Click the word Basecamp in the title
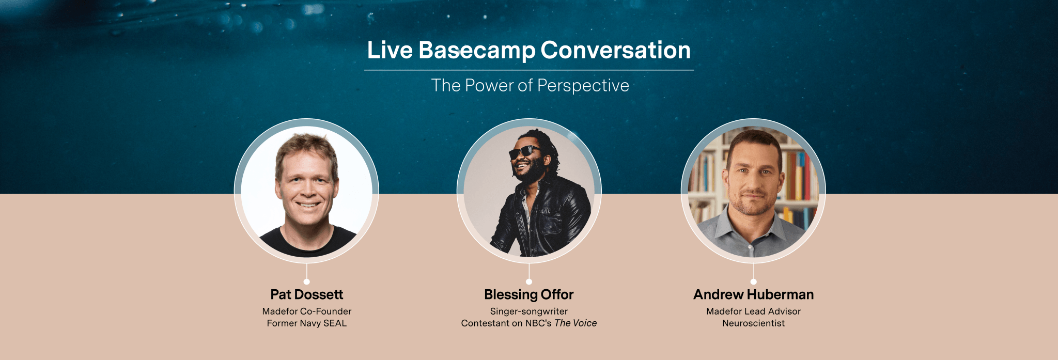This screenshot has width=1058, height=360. [x=477, y=50]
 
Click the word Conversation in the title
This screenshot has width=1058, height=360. [x=615, y=50]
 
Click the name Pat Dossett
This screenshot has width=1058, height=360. [x=306, y=294]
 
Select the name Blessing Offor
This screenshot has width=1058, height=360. [x=528, y=294]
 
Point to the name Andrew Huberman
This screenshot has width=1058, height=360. [x=753, y=294]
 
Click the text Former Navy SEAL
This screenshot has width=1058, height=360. [x=306, y=323]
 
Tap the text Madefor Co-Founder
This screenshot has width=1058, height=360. [x=306, y=311]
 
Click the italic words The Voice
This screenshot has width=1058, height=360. [x=575, y=323]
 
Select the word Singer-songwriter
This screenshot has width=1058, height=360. [x=528, y=311]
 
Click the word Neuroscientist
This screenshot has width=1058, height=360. [x=753, y=323]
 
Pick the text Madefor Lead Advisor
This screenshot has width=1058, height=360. [x=753, y=311]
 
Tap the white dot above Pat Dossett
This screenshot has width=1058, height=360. [x=306, y=281]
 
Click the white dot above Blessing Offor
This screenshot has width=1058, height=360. [x=528, y=281]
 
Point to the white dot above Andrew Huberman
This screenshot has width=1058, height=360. [x=753, y=281]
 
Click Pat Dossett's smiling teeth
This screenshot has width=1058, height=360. [x=308, y=205]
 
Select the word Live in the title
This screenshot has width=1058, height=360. [x=390, y=50]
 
